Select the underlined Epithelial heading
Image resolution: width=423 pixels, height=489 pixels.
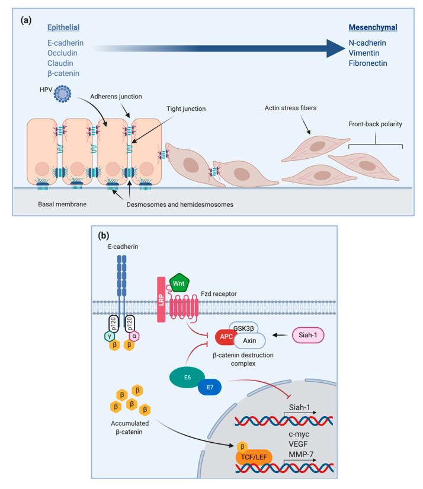click(x=63, y=28)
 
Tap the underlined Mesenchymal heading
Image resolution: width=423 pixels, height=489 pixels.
click(x=373, y=28)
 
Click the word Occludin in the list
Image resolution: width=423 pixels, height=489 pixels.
click(x=62, y=53)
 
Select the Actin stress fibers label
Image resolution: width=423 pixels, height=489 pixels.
click(x=291, y=108)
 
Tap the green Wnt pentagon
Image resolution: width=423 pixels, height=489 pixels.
click(x=178, y=283)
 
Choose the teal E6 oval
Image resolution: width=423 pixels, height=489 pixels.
click(x=187, y=377)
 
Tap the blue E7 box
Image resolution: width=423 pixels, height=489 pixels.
click(x=209, y=388)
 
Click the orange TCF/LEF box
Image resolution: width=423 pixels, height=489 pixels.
click(x=254, y=458)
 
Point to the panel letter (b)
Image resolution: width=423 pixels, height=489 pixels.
click(x=105, y=235)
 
